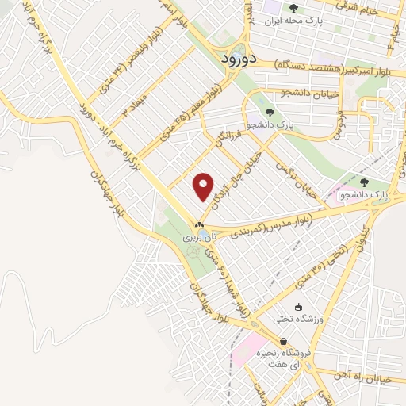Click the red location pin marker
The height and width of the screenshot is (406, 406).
(x=204, y=187)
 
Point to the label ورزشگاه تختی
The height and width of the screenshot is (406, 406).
(x=295, y=320)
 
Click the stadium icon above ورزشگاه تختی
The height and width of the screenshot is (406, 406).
(x=298, y=308)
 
